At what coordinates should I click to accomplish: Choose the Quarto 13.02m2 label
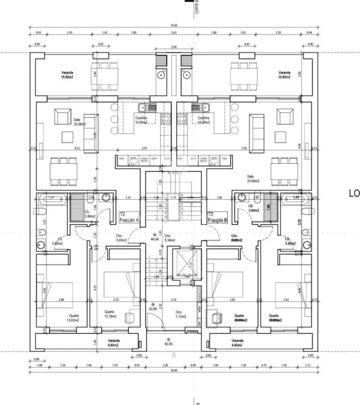(x=74, y=318)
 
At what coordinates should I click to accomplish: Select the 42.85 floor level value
(x=153, y=309)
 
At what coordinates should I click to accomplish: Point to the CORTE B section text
(x=196, y=7)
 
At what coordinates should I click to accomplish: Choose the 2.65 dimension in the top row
(x=174, y=32)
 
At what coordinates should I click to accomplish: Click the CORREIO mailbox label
(x=192, y=332)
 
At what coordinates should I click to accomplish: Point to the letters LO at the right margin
(x=354, y=193)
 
